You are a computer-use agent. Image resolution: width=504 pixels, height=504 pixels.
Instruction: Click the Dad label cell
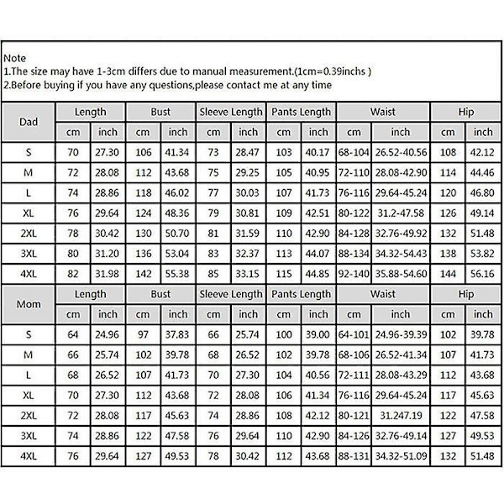click(x=28, y=121)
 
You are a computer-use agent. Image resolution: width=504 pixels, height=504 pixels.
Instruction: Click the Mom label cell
click(x=28, y=304)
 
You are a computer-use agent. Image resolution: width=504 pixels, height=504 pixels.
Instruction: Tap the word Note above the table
click(x=14, y=59)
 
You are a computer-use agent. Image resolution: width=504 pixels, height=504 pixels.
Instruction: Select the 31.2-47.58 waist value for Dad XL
click(x=400, y=213)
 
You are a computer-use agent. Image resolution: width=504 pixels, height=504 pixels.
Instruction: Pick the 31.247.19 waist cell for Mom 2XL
click(x=400, y=415)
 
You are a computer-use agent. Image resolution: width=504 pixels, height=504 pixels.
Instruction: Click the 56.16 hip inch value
click(x=483, y=274)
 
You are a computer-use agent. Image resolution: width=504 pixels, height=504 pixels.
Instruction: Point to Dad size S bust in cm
click(x=144, y=152)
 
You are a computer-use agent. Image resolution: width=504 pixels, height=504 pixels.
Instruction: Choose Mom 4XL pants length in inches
click(x=318, y=456)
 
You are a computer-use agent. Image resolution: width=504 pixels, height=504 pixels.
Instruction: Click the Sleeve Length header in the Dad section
click(x=230, y=112)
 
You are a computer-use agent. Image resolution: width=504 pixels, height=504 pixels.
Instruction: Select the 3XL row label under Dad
click(x=28, y=253)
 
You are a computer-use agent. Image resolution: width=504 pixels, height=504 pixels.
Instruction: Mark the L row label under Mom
click(x=28, y=375)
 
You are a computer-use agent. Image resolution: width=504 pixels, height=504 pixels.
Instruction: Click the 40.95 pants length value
click(x=318, y=172)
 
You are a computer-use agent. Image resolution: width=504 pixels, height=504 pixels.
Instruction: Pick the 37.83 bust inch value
click(x=178, y=334)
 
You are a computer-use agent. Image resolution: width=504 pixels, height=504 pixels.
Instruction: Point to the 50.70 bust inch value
click(x=178, y=233)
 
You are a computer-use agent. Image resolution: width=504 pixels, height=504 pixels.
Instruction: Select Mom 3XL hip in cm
click(x=448, y=436)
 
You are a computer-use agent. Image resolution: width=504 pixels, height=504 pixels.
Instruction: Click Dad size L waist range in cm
click(x=354, y=192)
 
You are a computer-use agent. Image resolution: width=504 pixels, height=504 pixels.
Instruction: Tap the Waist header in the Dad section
click(x=383, y=112)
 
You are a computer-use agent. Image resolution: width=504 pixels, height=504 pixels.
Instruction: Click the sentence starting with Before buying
click(x=167, y=85)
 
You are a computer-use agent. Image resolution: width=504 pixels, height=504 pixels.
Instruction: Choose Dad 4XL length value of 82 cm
click(x=73, y=274)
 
